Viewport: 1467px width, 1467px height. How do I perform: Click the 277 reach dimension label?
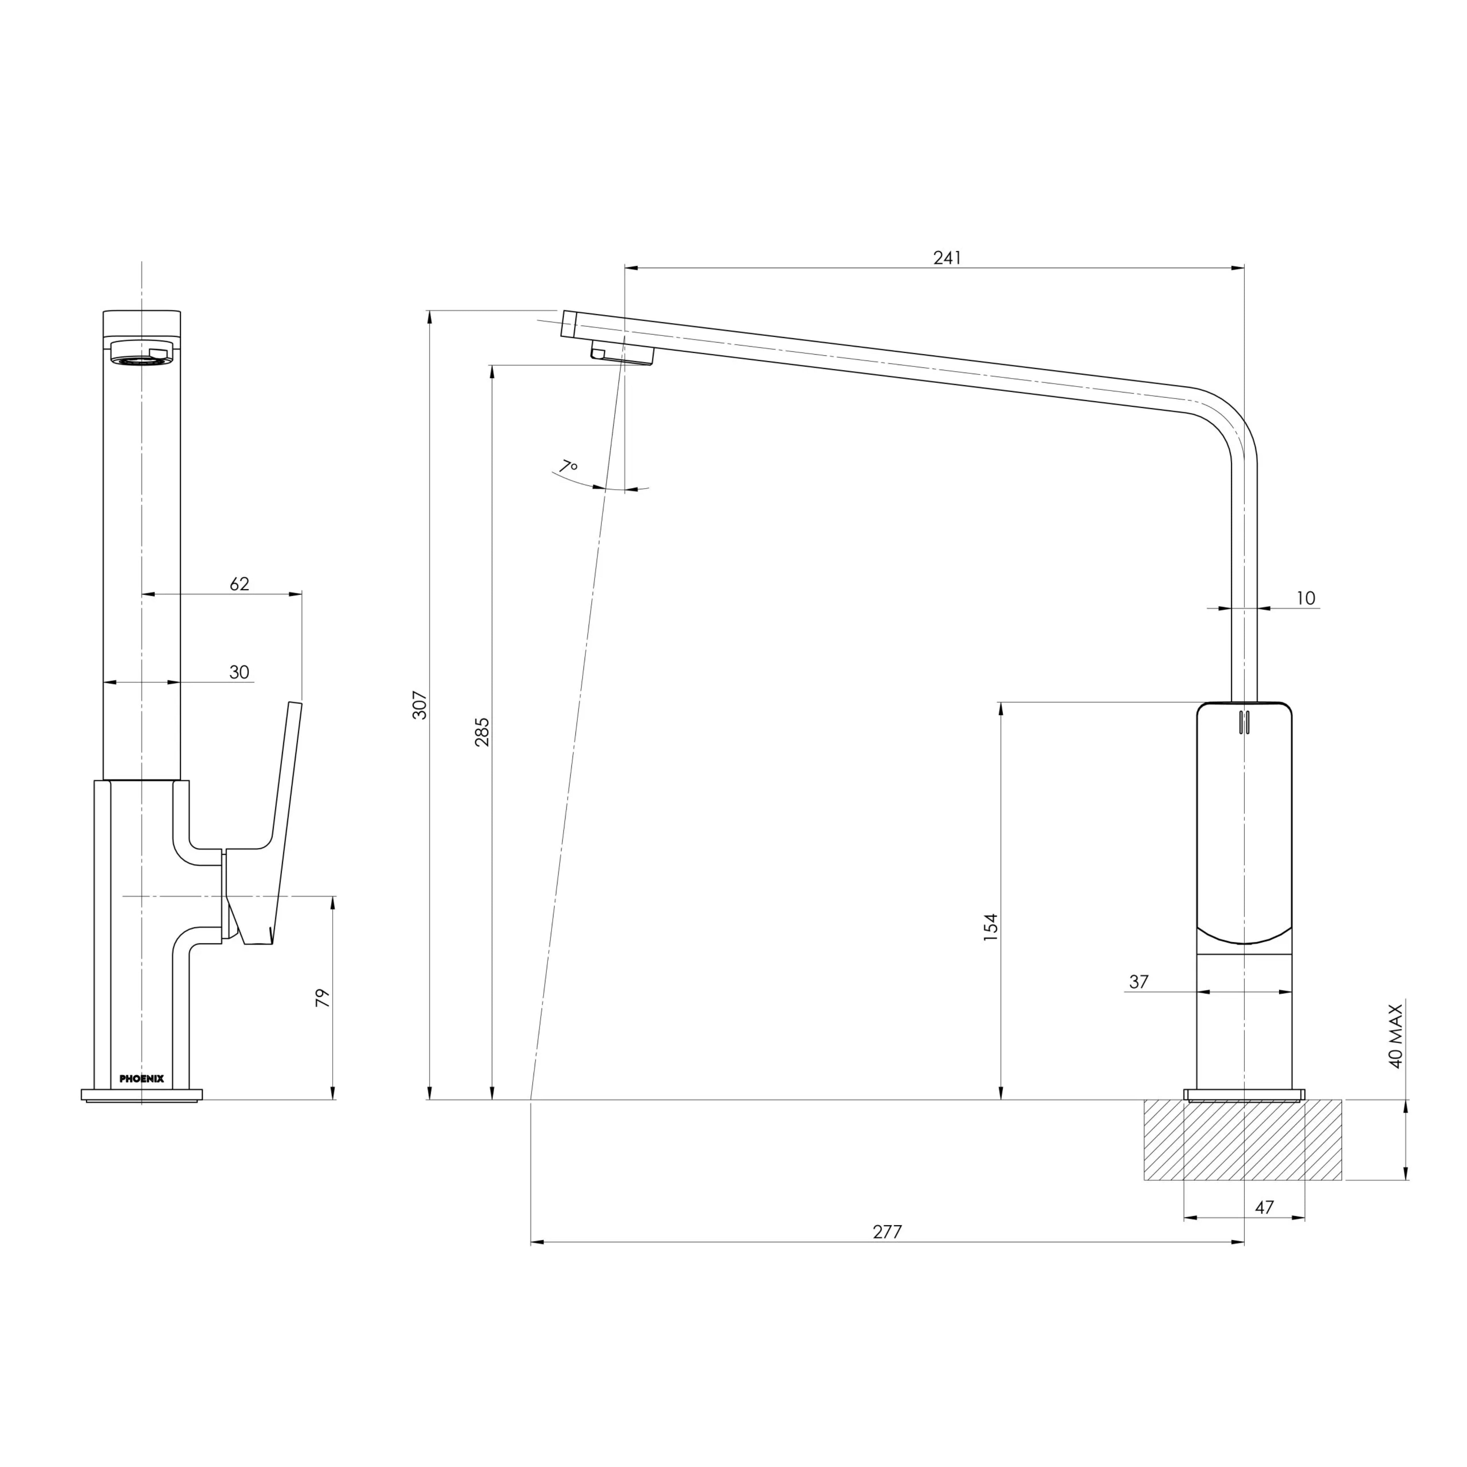coord(887,1232)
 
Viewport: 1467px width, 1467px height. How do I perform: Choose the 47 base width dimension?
coord(1264,1207)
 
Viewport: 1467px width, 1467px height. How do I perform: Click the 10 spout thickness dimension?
coord(1305,598)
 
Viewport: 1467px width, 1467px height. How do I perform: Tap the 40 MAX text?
coord(1395,1036)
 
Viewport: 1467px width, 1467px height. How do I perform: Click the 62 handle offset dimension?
coord(239,584)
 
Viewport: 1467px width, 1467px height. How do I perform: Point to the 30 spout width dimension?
coord(239,672)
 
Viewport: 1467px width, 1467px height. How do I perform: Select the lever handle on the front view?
coord(266,835)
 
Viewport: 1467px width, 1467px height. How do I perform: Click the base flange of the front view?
coord(142,1094)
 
